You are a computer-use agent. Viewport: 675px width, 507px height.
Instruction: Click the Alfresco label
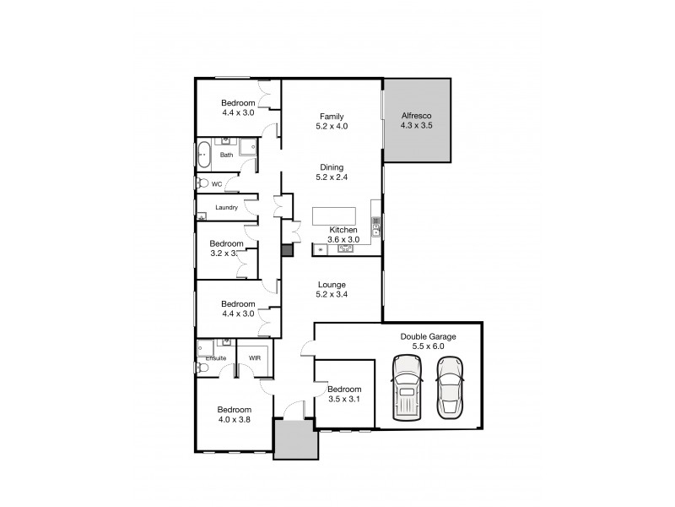click(x=416, y=115)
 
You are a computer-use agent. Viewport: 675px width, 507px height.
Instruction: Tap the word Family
click(x=331, y=116)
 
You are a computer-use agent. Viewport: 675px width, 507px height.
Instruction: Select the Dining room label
click(x=331, y=167)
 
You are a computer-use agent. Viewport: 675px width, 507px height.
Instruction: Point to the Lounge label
click(x=331, y=285)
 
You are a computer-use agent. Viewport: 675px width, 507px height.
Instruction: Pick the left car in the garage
click(x=408, y=386)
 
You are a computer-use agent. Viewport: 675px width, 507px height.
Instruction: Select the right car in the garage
click(x=449, y=385)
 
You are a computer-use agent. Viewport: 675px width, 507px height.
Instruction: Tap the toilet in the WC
click(x=202, y=183)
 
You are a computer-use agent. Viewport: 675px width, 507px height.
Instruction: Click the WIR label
click(x=254, y=359)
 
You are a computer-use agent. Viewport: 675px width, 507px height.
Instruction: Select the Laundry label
click(x=226, y=208)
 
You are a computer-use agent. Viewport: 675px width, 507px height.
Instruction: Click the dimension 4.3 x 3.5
click(x=416, y=125)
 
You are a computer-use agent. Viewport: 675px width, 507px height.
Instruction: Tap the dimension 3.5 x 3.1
click(x=344, y=400)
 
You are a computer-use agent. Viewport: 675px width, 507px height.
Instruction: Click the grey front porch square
click(x=294, y=440)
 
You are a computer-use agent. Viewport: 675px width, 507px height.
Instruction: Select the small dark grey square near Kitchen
click(x=287, y=250)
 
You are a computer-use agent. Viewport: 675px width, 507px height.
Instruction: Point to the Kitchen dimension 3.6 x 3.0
click(x=343, y=240)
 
